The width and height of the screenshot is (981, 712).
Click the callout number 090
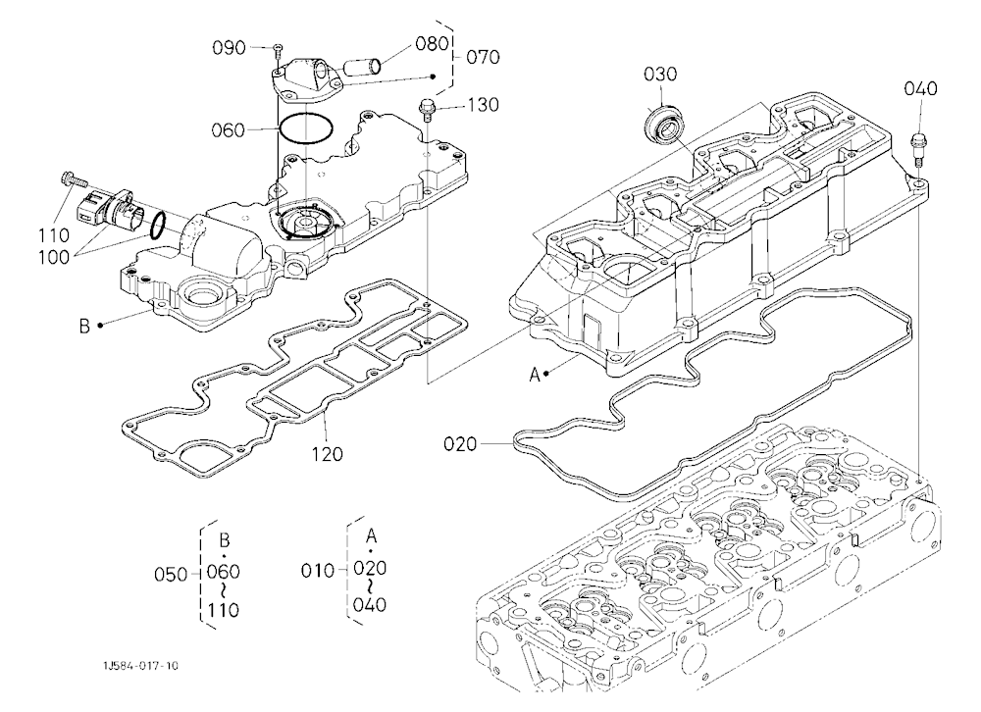[229, 47]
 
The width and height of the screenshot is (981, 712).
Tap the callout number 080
[433, 43]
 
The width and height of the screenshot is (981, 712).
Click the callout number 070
[483, 57]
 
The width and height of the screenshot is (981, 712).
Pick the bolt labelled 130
[428, 110]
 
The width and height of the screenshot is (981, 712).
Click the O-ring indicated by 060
[306, 130]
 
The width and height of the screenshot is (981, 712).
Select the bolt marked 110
[75, 179]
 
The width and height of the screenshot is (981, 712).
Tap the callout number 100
[54, 257]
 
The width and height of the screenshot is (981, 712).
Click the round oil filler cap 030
[663, 127]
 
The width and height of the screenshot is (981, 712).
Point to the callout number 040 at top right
[920, 89]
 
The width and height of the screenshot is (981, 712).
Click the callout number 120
[328, 454]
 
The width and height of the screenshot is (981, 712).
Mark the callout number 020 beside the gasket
[460, 444]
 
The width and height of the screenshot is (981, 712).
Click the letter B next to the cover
[84, 326]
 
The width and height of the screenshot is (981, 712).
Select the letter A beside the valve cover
[535, 375]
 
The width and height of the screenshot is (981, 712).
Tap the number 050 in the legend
[171, 575]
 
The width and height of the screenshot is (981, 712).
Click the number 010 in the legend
[318, 571]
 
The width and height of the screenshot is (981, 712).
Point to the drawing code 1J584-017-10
[140, 666]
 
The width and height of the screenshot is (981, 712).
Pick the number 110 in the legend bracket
[224, 609]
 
